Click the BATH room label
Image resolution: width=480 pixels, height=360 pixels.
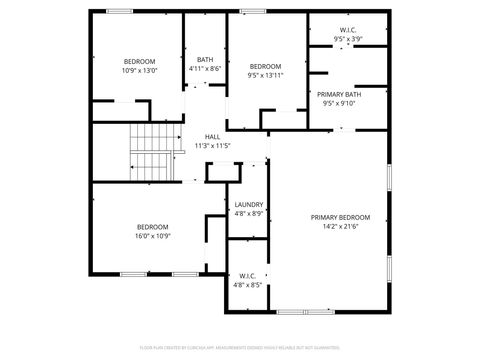click(x=205, y=59)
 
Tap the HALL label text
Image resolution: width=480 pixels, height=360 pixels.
click(x=212, y=137)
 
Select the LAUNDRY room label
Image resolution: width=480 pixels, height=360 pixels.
click(x=249, y=204)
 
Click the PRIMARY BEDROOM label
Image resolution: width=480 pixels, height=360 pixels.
click(x=340, y=217)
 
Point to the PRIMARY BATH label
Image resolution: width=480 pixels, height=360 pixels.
click(x=339, y=94)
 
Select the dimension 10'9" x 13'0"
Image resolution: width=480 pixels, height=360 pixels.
click(x=139, y=70)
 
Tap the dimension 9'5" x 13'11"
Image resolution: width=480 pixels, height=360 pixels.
click(x=265, y=75)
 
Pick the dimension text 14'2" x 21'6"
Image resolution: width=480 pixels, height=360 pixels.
click(x=340, y=226)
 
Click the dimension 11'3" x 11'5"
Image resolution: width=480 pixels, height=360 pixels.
click(x=212, y=146)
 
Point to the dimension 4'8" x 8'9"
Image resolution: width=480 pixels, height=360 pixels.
click(x=249, y=213)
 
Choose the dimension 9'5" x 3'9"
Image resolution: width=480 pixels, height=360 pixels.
click(x=347, y=39)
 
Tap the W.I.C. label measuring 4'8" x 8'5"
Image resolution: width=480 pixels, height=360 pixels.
click(x=247, y=275)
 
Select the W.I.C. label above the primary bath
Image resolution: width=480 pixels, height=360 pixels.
click(x=347, y=30)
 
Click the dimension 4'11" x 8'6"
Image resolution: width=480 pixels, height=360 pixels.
click(x=205, y=68)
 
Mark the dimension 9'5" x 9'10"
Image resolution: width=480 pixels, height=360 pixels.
click(x=339, y=103)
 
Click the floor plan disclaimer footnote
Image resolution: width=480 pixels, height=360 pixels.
click(x=240, y=348)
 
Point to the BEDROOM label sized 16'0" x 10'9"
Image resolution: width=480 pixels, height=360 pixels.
click(x=153, y=226)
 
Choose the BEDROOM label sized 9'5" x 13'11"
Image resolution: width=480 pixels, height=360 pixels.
click(x=265, y=66)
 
